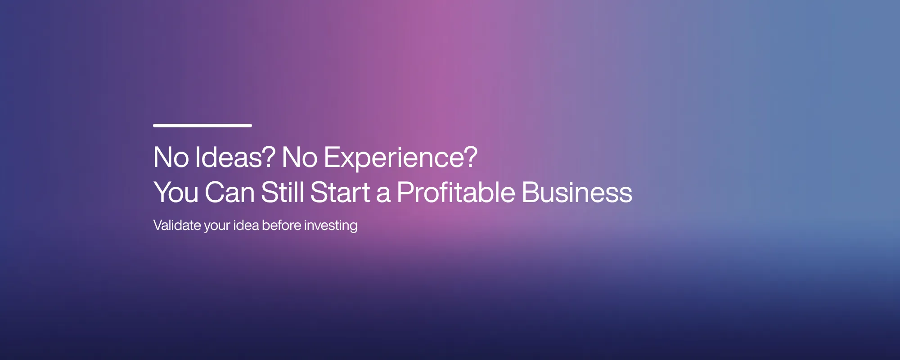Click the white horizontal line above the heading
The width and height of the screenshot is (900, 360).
coord(202,126)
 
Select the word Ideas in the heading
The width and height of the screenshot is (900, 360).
coord(229,157)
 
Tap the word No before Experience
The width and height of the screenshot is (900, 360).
coord(299,157)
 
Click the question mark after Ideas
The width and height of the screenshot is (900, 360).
coord(269,157)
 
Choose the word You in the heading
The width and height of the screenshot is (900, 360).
coord(175,193)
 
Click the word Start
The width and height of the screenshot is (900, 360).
coord(340,193)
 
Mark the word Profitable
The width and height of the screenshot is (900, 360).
coord(455,193)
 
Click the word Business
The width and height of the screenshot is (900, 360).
coord(577,193)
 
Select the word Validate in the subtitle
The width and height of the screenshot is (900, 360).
coord(177,225)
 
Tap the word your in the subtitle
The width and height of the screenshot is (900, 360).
coord(217,226)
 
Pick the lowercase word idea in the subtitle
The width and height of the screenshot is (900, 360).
coord(246,225)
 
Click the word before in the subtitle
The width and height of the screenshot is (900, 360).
coord(281,225)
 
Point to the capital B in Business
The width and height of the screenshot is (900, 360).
coord(530,193)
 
